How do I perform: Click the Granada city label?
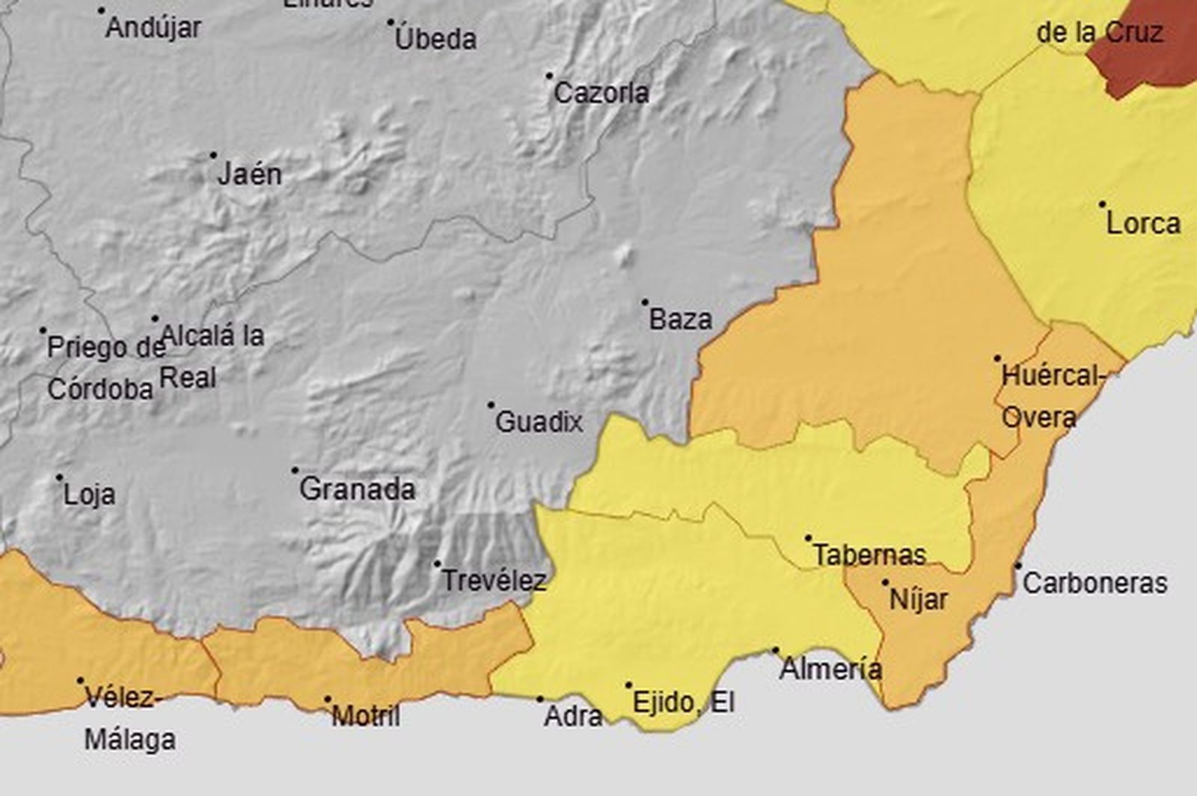point(357,489)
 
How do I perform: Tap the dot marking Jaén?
point(213,156)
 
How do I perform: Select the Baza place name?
point(680,319)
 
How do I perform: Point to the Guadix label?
point(539,422)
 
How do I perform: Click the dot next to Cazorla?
point(549,76)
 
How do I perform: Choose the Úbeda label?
point(435,39)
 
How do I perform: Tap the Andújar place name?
point(153,28)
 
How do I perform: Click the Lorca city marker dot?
point(1102,203)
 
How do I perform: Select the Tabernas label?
point(869,555)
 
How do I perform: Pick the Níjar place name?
point(918,599)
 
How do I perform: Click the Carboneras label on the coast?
point(1095,583)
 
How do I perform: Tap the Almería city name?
point(830,668)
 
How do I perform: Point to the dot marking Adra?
point(540,699)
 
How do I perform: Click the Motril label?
point(365,716)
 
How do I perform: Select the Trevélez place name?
point(494,581)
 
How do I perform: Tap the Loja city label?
point(89,495)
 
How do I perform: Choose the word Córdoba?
point(100,389)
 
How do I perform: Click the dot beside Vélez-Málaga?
point(80,681)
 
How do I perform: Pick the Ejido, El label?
point(683,702)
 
